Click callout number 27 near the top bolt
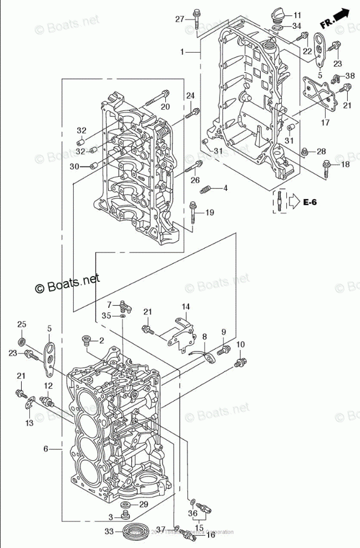(179, 19)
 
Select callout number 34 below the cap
(297, 26)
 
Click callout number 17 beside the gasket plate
(325, 122)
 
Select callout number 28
(322, 151)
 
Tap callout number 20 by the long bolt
(165, 107)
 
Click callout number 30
(74, 166)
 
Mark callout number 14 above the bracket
(185, 306)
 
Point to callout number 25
(22, 324)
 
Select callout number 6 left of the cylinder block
(46, 448)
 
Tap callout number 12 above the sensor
(48, 385)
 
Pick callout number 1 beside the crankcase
(181, 52)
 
